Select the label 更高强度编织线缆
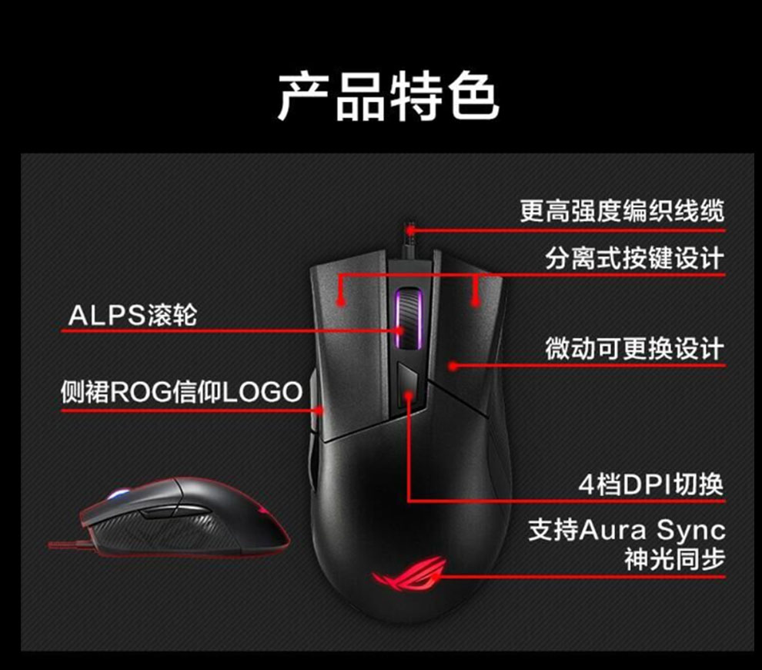pos(622,211)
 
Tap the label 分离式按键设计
pos(634,258)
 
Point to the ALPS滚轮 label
pos(132,315)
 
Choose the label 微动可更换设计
pos(634,349)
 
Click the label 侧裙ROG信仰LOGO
pos(182,393)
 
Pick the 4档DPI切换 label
pos(651,485)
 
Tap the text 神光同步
pos(674,559)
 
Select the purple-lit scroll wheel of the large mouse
pos(408,316)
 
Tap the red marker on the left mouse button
pos(341,296)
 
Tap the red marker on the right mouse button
pos(477,296)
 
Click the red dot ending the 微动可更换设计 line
pos(454,366)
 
